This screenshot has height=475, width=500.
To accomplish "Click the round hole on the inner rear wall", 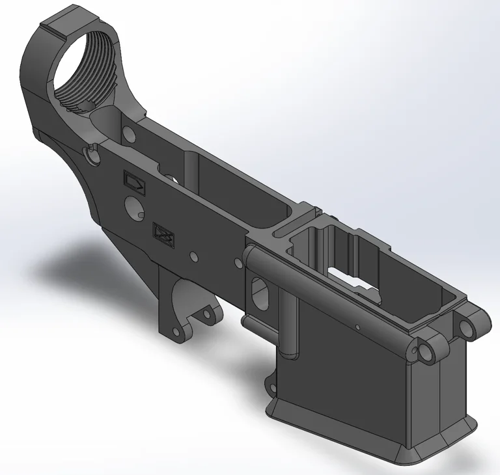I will [128, 134].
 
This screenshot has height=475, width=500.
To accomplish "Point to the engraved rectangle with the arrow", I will [135, 182].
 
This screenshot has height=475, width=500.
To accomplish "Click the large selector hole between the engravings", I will [135, 208].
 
